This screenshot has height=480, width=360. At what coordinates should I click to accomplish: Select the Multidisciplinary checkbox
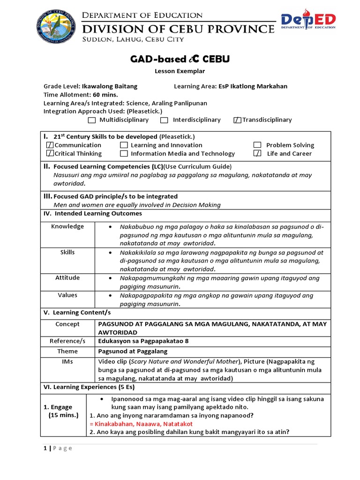point(92,120)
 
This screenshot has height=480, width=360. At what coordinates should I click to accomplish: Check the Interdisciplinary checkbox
point(164,120)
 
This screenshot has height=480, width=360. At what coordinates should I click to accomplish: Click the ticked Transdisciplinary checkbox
point(237,120)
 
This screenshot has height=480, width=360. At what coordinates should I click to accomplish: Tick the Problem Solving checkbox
point(257,145)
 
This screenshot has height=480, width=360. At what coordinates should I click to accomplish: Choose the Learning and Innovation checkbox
point(124,145)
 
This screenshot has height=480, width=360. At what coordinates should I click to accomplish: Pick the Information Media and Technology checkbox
point(124,154)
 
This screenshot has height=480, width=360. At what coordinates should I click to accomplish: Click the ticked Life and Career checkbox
point(257,154)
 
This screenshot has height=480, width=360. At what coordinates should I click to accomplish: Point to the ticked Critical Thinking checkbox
point(50,154)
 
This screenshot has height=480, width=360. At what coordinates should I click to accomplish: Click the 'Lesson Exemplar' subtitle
point(180,71)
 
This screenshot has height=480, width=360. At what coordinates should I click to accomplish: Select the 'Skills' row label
point(67,252)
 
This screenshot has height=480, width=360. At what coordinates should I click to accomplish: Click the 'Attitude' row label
point(67,278)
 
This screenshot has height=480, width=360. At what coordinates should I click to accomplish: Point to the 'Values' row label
point(67,295)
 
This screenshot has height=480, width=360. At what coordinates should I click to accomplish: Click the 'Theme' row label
point(67,351)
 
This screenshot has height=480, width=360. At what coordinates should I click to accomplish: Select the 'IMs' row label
point(67,361)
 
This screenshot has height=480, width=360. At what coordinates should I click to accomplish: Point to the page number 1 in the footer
point(45,448)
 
